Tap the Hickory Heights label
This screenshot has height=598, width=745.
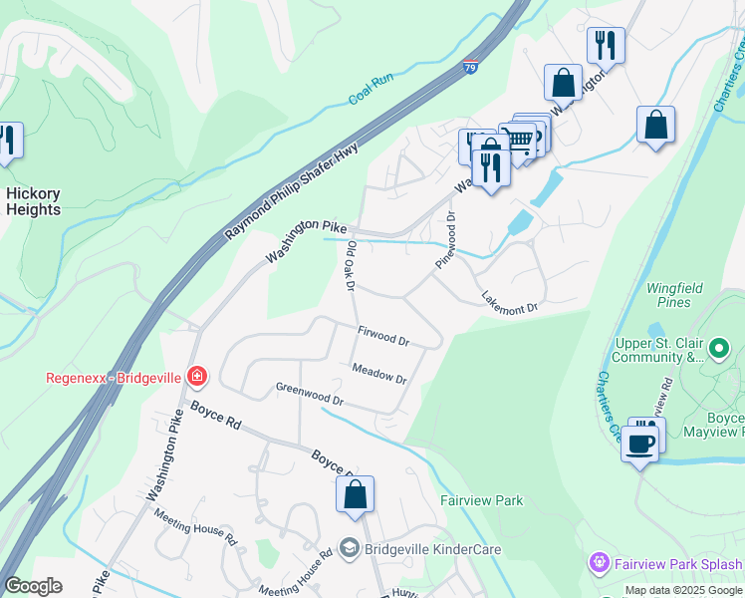point(33,201)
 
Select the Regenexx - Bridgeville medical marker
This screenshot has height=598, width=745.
point(197,377)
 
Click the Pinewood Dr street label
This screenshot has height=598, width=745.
point(444,239)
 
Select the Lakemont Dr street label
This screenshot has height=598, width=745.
point(509,302)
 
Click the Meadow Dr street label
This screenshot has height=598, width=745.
point(378,374)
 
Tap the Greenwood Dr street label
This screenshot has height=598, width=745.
point(309,394)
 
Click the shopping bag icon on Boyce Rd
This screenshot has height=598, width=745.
point(355,494)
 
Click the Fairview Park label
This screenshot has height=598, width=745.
point(482,500)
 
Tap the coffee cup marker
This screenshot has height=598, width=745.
point(640,442)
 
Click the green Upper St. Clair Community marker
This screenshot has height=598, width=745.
point(721,349)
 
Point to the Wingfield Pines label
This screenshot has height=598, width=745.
point(674,295)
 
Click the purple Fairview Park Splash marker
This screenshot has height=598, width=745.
point(599,563)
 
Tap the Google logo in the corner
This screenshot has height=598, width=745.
point(33,586)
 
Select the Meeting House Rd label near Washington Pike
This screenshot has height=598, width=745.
point(195,525)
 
